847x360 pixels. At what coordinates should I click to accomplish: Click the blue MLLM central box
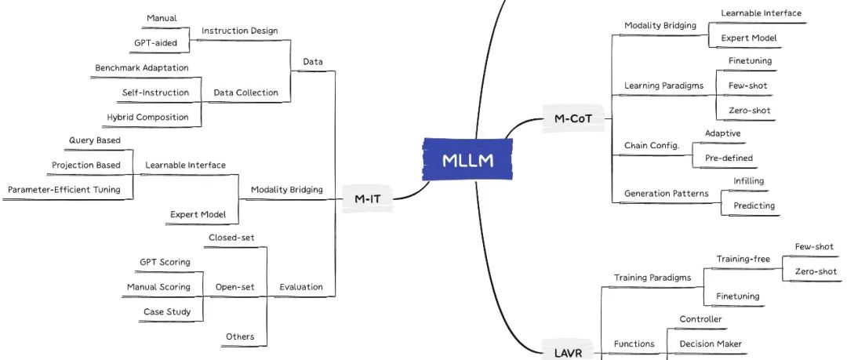click(467, 161)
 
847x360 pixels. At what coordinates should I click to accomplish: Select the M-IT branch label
click(367, 199)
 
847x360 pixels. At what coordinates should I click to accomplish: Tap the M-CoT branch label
click(573, 119)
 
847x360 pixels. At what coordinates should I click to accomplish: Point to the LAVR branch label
click(568, 354)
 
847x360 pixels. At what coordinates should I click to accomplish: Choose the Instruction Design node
click(239, 31)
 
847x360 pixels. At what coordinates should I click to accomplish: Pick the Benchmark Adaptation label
click(141, 68)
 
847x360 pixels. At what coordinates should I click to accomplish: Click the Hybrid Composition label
click(147, 117)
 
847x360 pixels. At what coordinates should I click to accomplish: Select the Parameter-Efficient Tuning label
click(64, 189)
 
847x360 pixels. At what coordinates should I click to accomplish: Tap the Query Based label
click(94, 140)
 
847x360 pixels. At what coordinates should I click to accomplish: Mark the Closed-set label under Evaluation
click(231, 238)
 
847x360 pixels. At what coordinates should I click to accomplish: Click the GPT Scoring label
click(165, 262)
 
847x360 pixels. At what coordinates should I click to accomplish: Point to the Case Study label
click(166, 311)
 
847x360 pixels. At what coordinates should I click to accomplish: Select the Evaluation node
click(300, 287)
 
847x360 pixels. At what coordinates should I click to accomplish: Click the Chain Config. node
click(651, 145)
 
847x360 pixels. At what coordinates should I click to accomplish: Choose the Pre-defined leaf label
click(729, 158)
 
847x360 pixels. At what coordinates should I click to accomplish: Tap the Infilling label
click(748, 181)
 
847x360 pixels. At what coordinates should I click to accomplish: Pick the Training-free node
click(743, 259)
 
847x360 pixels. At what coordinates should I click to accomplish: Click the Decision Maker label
click(710, 344)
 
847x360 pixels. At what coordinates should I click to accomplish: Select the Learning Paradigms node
click(663, 85)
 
